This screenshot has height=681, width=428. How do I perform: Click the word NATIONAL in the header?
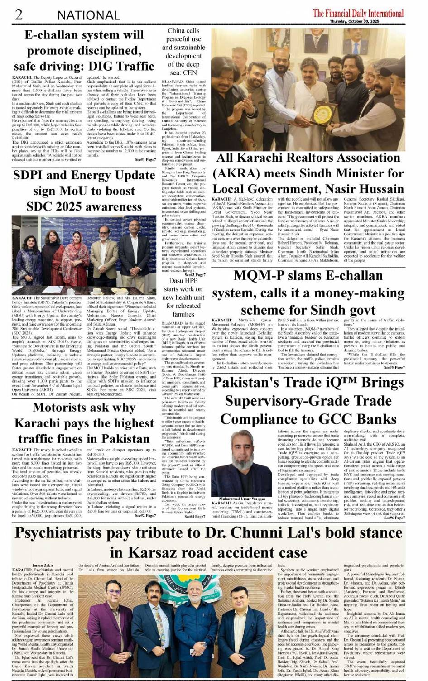(89, 15)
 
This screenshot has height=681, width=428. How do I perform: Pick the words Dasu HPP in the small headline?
(183, 281)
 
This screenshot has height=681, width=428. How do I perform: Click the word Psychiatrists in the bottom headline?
(72, 533)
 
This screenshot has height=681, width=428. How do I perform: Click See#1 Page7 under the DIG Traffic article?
(145, 160)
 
